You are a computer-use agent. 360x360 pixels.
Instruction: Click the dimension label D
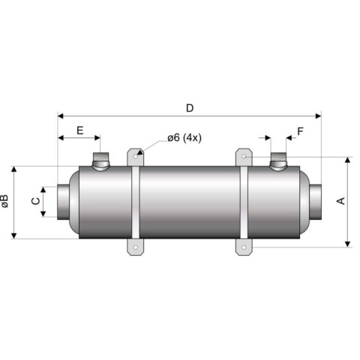pos(190,108)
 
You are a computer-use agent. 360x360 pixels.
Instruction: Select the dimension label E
pos(79,130)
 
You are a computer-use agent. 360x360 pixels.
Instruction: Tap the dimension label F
pos(300,131)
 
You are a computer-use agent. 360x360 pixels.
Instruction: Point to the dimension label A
pos(341,201)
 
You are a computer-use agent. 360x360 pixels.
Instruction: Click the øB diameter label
pos(5,201)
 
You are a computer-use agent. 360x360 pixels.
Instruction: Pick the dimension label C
pos(36,201)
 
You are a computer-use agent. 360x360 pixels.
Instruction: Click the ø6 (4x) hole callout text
pos(184,138)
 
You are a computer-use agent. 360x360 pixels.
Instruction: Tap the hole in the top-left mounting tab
pos(135,157)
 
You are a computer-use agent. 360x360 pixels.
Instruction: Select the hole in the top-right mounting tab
pos(244,157)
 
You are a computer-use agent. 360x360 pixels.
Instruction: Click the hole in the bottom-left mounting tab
pos(135,247)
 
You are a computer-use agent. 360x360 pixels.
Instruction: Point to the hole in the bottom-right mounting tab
pos(244,247)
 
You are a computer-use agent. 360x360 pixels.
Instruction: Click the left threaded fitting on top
pos(100,162)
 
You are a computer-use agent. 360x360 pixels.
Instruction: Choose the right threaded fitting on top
pos(278,162)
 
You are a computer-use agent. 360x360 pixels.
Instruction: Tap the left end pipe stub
pos(64,202)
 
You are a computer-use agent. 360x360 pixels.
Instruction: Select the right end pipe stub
pos(316,202)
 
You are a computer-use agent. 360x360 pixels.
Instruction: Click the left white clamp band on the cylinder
pos(136,202)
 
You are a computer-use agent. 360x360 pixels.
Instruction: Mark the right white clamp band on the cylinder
pos(244,202)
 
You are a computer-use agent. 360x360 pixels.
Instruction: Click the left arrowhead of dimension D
pos(61,116)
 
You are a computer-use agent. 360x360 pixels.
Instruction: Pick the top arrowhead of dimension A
pos(348,160)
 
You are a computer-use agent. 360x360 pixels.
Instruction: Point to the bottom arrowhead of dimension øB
pos(14,235)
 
